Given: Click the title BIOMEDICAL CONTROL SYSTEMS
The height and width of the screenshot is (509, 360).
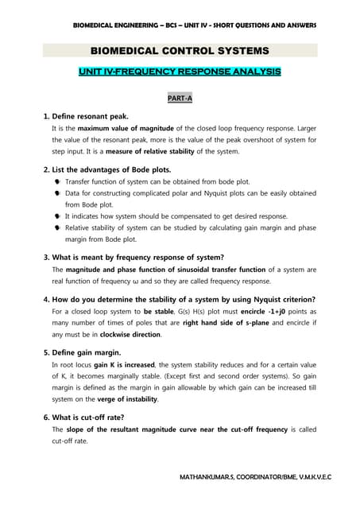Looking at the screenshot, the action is tap(180, 52).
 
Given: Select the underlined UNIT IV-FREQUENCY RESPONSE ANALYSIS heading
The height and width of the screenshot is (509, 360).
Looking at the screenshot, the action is tap(180, 72).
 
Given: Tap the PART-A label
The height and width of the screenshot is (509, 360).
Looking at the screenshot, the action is tap(180, 99).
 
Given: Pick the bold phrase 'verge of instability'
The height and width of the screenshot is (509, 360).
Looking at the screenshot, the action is tap(125, 398).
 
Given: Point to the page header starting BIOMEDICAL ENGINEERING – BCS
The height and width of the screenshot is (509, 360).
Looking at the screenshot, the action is tap(195, 25).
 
